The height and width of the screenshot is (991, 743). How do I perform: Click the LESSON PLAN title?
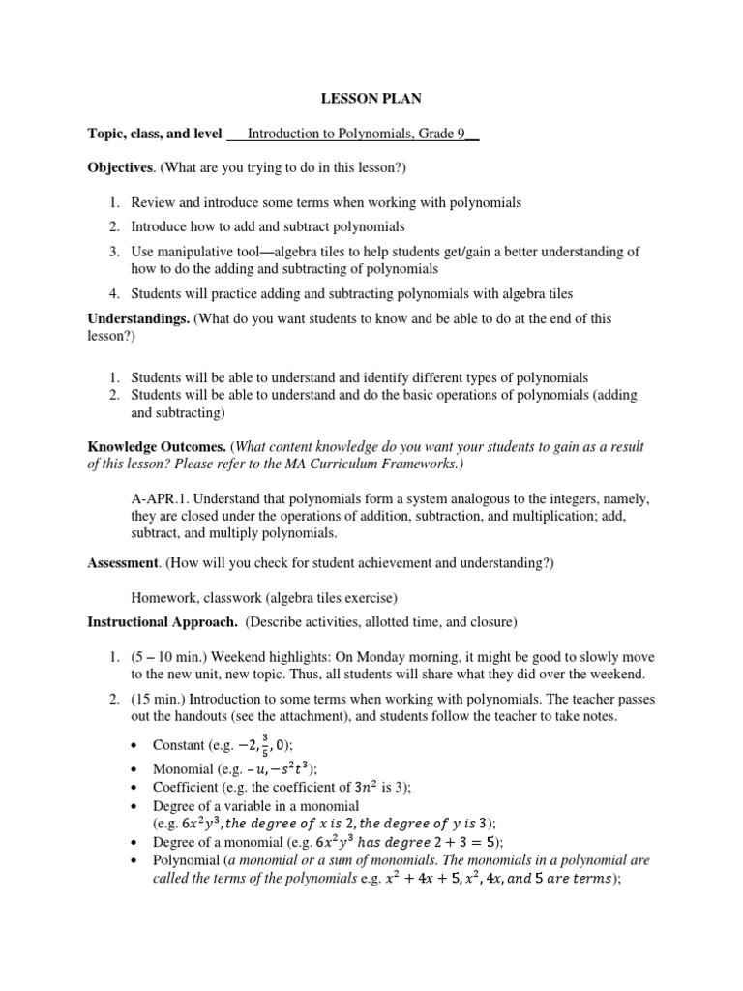pos(371,100)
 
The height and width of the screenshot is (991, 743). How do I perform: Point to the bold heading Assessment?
pos(123,562)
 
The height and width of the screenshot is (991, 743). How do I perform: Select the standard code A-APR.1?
pos(163,498)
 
